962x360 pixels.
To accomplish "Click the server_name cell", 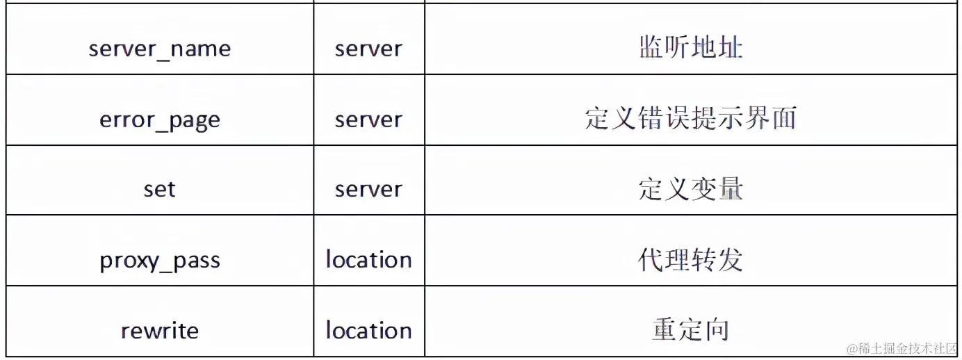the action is [x=160, y=49].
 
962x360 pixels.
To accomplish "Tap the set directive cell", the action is [x=160, y=189].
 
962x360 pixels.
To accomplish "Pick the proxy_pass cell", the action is [x=160, y=261].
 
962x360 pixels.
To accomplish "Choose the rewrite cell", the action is [x=160, y=331].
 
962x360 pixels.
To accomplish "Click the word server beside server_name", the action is [x=368, y=49].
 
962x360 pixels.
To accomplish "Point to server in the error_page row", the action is [x=368, y=120].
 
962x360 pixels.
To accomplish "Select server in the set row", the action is [x=368, y=189].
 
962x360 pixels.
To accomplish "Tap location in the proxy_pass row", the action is [x=368, y=260].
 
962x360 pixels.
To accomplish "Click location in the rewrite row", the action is [x=368, y=331].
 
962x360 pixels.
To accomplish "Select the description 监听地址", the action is [x=690, y=48].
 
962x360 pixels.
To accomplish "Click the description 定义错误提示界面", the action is [x=690, y=119].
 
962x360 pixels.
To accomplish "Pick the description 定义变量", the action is [x=690, y=189].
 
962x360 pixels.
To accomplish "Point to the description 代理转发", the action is [x=690, y=260].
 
